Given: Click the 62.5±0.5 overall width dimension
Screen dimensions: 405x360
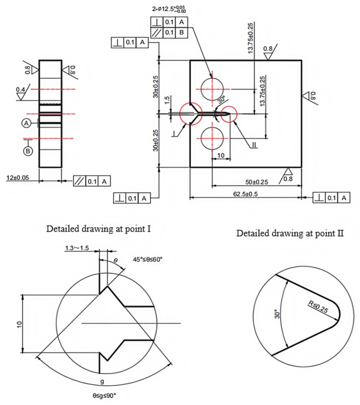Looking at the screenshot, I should pos(245,194).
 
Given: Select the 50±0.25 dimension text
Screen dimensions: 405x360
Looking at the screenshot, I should pos(256,182).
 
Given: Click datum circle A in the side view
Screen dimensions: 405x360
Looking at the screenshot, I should pos(27,123).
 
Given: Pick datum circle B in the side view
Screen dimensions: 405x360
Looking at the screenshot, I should pos(28,151).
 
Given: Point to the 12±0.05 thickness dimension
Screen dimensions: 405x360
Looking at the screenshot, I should pos(18,178).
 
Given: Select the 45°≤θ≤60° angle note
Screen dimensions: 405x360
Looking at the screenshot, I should pos(147,259).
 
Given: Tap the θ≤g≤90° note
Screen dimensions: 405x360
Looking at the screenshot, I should pos(104,396).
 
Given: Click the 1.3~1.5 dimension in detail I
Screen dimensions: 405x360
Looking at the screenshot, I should pos(77,248).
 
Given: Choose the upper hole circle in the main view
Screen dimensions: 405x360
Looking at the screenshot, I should pos(212,89).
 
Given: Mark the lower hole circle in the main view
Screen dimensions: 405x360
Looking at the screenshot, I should pos(212,139).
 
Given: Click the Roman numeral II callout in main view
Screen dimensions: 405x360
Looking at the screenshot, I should pos(254,145).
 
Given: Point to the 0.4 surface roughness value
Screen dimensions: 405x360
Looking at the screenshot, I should pos(20,90).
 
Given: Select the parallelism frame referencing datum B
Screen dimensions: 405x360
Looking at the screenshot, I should pos(169,33).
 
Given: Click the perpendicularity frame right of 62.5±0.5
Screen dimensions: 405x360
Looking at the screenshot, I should pos(331,198).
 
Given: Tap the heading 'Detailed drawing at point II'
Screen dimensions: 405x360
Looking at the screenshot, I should pos(290,233).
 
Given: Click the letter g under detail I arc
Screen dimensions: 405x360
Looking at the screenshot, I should pos(102,381).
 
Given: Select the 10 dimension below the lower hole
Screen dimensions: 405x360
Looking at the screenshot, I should pos(221,156).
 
